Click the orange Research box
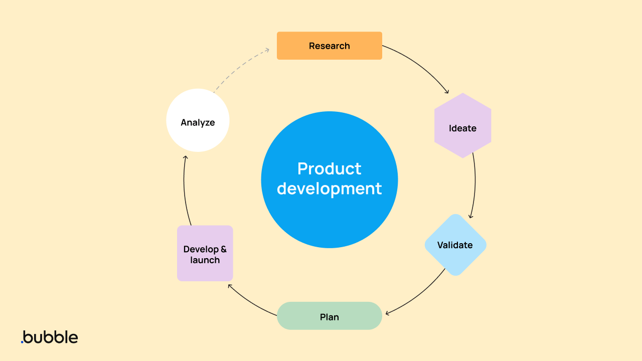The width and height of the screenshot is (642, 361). click(x=329, y=46)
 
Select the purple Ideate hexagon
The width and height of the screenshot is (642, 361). click(x=462, y=126)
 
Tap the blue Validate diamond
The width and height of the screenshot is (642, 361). click(x=455, y=245)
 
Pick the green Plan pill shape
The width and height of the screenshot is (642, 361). click(x=329, y=316)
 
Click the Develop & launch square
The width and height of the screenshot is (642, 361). click(x=205, y=253)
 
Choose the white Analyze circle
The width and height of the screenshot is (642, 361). click(x=198, y=120)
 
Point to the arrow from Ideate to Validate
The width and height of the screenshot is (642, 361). click(x=474, y=186)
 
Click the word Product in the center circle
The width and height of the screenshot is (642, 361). click(x=329, y=168)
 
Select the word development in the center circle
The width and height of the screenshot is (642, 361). click(x=329, y=189)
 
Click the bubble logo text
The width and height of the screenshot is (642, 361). click(x=50, y=337)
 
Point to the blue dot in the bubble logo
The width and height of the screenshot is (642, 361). click(x=22, y=342)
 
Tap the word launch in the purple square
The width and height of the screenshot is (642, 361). click(x=205, y=260)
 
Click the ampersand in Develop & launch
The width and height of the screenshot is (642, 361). click(x=224, y=249)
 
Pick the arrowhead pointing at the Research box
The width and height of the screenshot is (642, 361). click(x=267, y=50)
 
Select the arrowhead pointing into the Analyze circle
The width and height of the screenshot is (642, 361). click(x=185, y=157)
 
